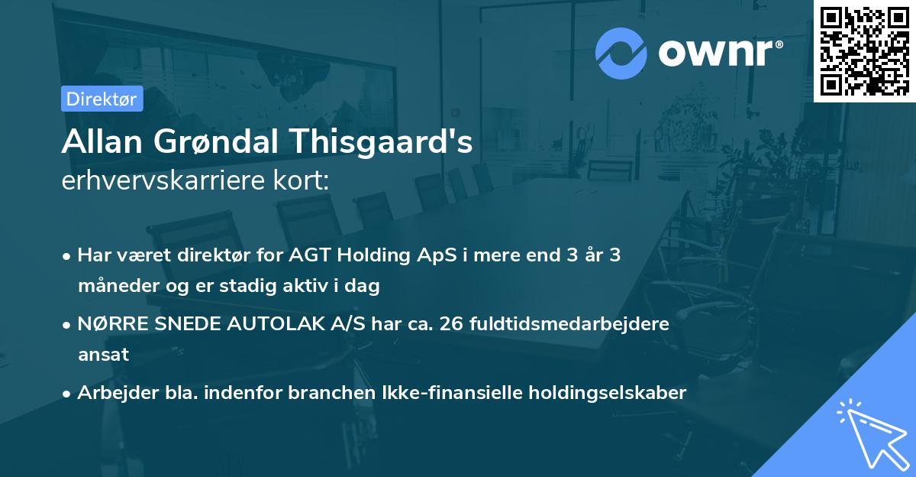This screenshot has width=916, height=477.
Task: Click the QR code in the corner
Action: (x=864, y=51)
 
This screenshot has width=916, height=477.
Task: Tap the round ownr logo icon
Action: (x=621, y=53)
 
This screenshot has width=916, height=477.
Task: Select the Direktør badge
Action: (x=102, y=99)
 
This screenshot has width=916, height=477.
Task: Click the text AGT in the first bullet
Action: (x=312, y=255)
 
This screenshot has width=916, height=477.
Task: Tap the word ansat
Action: (x=103, y=355)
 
